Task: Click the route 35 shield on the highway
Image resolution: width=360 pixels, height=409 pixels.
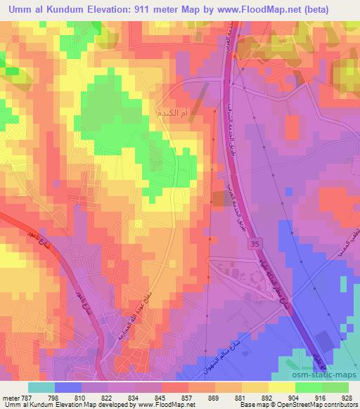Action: (x=255, y=243)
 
